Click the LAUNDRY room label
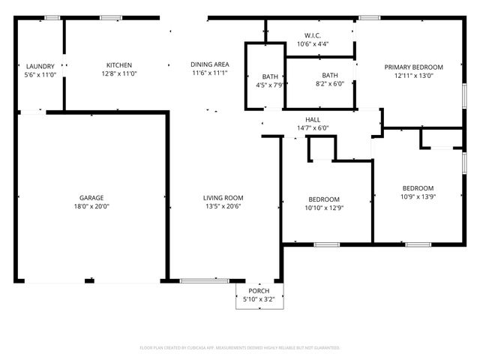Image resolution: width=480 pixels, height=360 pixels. [40, 67]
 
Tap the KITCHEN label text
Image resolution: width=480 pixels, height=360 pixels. [119, 65]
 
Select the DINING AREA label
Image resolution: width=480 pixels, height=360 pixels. [209, 65]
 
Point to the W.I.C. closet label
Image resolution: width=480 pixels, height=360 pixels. [313, 36]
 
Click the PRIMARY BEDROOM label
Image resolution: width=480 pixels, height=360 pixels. [413, 67]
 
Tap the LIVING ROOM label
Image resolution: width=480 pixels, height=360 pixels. [223, 198]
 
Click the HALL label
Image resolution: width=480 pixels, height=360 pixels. [312, 120]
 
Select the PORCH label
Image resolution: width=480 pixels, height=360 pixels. [259, 291]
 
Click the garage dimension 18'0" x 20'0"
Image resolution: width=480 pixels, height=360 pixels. [91, 206]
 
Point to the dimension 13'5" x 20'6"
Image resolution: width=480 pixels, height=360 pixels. [223, 207]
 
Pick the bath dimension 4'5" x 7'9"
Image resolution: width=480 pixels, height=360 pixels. [270, 85]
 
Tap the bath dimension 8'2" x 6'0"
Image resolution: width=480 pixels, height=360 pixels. [330, 84]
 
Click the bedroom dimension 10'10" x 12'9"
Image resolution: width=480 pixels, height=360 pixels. [324, 208]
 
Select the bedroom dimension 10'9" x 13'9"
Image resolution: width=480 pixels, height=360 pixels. [417, 197]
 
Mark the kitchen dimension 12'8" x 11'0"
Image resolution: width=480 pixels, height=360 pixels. [119, 74]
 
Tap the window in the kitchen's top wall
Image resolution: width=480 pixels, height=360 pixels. [111, 17]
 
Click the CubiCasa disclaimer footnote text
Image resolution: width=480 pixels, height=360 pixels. [240, 348]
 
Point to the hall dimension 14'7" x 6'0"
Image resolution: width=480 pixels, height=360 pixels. [312, 128]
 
